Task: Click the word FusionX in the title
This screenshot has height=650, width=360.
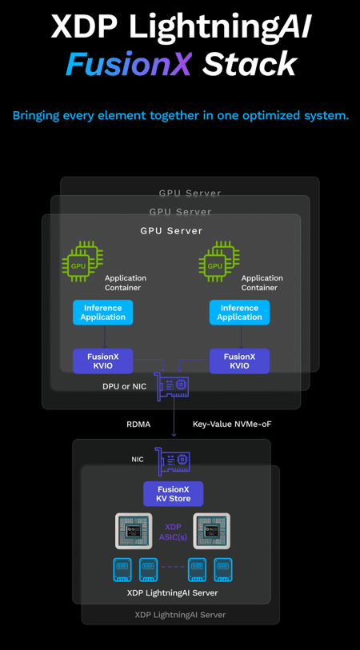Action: coord(129,64)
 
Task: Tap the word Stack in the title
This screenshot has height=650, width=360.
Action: coord(250,64)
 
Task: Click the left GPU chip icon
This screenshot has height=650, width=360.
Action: coord(82,261)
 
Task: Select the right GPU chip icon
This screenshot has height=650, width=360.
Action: coord(219,261)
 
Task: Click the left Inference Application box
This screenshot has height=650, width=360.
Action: coord(103,313)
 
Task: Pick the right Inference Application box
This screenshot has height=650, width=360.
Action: coord(239,313)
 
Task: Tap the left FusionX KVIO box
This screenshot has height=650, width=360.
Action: coord(103,361)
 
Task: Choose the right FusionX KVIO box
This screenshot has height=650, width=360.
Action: coord(239,361)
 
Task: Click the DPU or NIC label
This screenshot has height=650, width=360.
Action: coord(125,387)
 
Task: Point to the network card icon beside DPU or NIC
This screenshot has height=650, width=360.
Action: coord(171,386)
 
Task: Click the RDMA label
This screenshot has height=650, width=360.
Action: coord(138,425)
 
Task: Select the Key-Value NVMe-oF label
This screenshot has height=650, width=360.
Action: coord(232,425)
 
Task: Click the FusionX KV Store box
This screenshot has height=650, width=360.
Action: coord(174,494)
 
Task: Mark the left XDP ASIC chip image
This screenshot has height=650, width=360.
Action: coord(133,532)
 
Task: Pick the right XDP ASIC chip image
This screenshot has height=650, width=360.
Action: coord(211,532)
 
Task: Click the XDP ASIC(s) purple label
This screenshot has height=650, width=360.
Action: coord(173,532)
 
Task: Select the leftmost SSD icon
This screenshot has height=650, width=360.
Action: coord(122,570)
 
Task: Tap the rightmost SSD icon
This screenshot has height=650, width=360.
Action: coord(223,570)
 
